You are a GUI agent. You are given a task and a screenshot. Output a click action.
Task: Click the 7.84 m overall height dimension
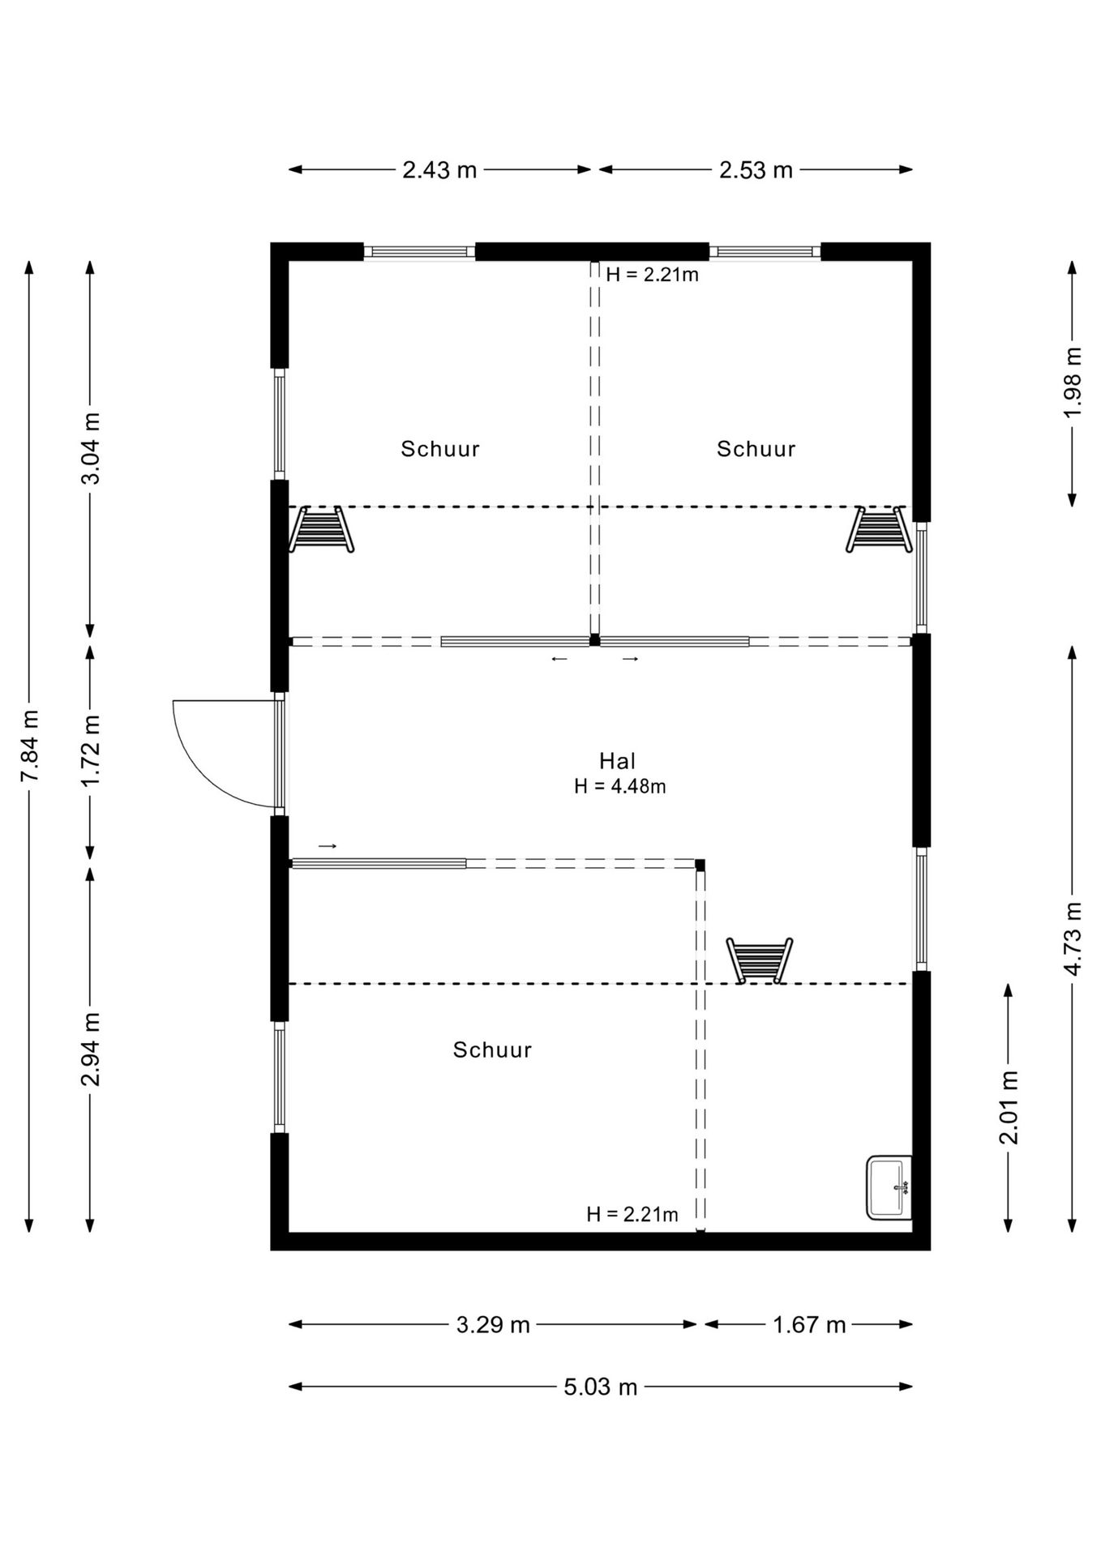[29, 746]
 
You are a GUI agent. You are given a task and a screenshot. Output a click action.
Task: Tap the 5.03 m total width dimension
[601, 1387]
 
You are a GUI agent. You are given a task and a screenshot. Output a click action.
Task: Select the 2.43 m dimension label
[439, 170]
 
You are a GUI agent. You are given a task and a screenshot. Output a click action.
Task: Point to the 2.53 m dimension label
[756, 170]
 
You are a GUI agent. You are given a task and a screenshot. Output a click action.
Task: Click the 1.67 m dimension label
[809, 1325]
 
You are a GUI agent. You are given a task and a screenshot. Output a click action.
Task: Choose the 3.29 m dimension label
[493, 1325]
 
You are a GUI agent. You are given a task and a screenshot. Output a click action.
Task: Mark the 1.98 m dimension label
[1073, 383]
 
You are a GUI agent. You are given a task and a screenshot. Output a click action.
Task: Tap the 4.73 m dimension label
[1073, 938]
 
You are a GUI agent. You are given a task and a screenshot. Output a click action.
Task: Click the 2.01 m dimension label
[1009, 1108]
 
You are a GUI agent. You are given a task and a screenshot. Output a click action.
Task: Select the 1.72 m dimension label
[91, 750]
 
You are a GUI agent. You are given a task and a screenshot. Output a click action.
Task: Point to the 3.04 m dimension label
[91, 448]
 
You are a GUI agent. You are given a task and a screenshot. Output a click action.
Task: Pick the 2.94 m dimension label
[91, 1049]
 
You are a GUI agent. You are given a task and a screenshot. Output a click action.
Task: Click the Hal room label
[618, 761]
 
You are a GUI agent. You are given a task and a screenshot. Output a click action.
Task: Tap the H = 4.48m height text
[620, 786]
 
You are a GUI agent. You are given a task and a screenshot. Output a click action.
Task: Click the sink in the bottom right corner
[889, 1187]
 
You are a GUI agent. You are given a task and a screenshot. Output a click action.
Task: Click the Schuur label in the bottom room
[492, 1049]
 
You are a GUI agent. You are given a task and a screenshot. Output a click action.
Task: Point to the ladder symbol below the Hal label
[760, 960]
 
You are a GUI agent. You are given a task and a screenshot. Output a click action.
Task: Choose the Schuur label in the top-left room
[440, 448]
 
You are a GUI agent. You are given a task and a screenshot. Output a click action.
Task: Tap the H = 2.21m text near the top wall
[653, 274]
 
